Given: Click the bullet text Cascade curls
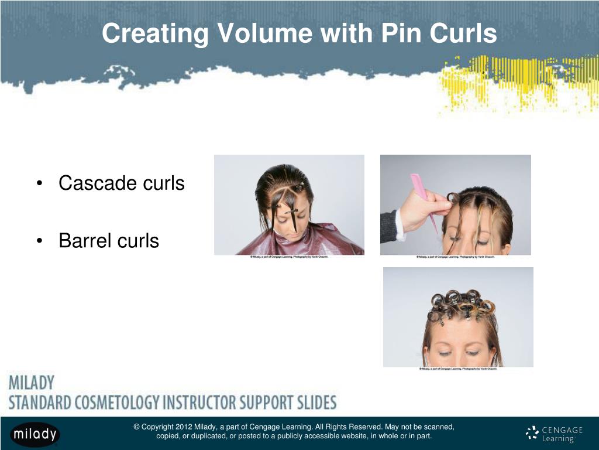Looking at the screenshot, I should pos(121,183).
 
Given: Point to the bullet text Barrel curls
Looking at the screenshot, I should pos(109,240).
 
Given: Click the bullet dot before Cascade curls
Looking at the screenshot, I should pos(38,184).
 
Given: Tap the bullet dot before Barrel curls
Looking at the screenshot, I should pos(38,241).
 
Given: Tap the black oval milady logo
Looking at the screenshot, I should pos(35,434).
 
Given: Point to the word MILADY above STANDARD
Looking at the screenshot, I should pos(32,384).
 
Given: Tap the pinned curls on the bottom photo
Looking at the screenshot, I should pos(462,305).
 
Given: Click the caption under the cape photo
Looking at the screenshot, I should pos(289,257).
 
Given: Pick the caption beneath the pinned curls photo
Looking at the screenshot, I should pos(458,369).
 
